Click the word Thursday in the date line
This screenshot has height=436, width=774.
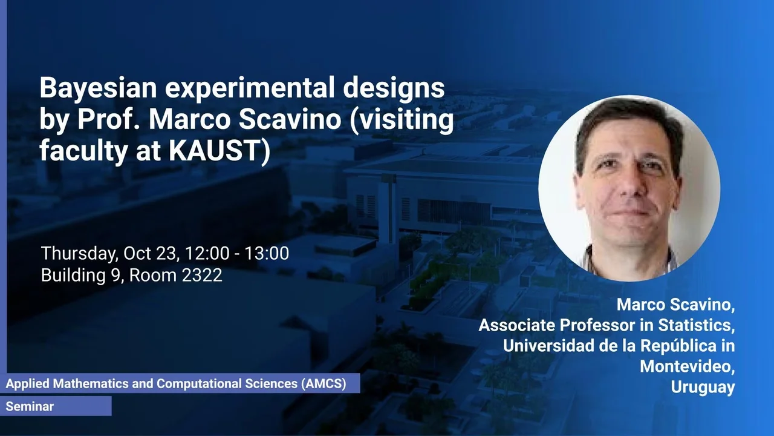(x=79, y=254)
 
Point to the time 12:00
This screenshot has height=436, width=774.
(x=207, y=253)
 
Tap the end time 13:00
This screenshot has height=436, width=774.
(x=267, y=253)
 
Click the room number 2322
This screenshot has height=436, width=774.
(x=202, y=276)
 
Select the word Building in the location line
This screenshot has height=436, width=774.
(x=73, y=276)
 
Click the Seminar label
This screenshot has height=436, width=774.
(x=30, y=406)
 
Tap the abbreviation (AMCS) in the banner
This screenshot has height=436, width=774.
(x=324, y=384)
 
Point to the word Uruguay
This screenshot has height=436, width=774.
(x=703, y=388)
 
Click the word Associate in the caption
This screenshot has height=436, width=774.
(x=517, y=325)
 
